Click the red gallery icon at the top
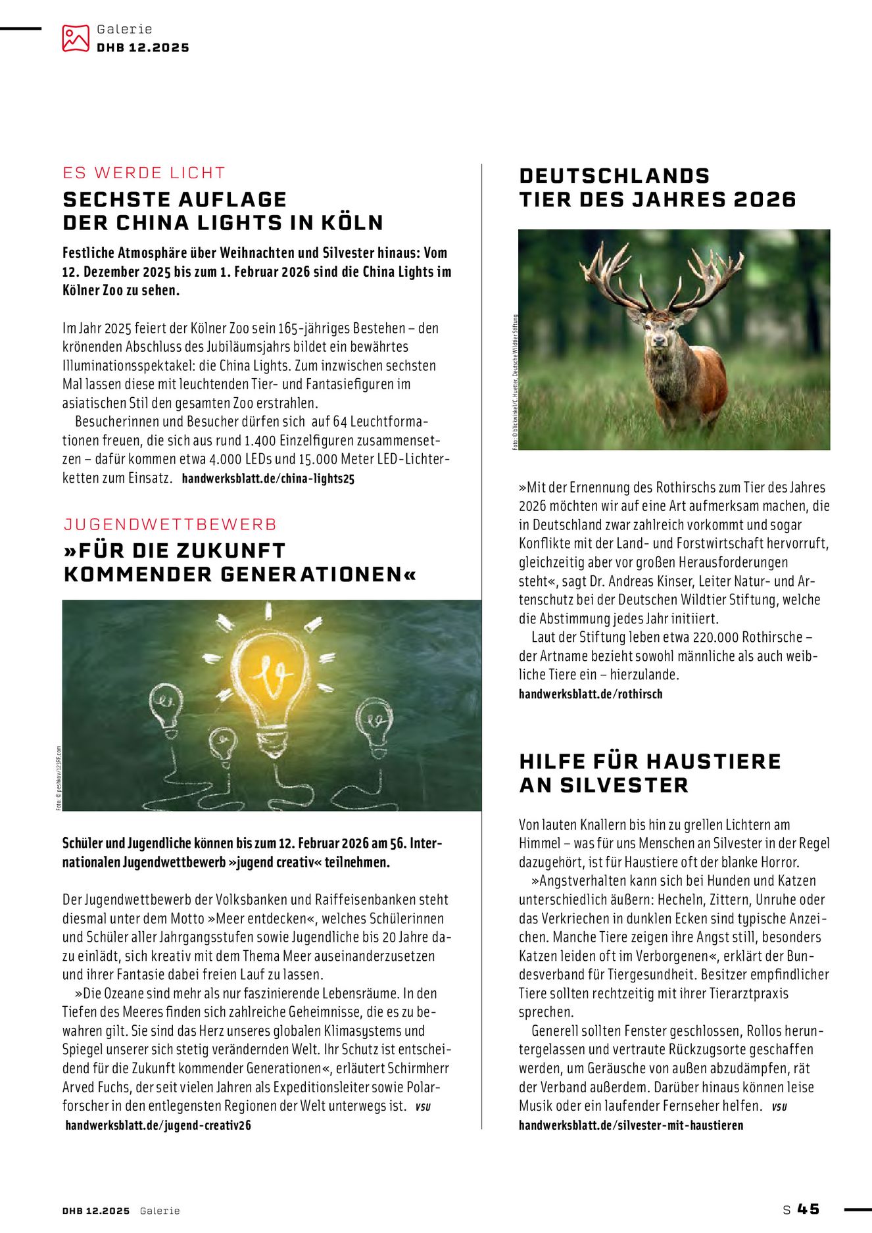click(x=75, y=38)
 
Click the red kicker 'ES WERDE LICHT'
click(x=144, y=173)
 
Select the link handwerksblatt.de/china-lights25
click(x=268, y=479)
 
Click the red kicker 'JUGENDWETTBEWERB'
click(x=170, y=524)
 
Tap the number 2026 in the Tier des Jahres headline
click(x=764, y=199)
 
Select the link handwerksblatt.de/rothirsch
click(x=591, y=694)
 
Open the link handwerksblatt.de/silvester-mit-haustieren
click(x=631, y=1125)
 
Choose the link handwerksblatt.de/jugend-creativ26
click(x=158, y=1125)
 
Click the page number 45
click(x=808, y=1209)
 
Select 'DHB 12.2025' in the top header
click(x=143, y=48)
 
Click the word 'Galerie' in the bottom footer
click(x=160, y=1211)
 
